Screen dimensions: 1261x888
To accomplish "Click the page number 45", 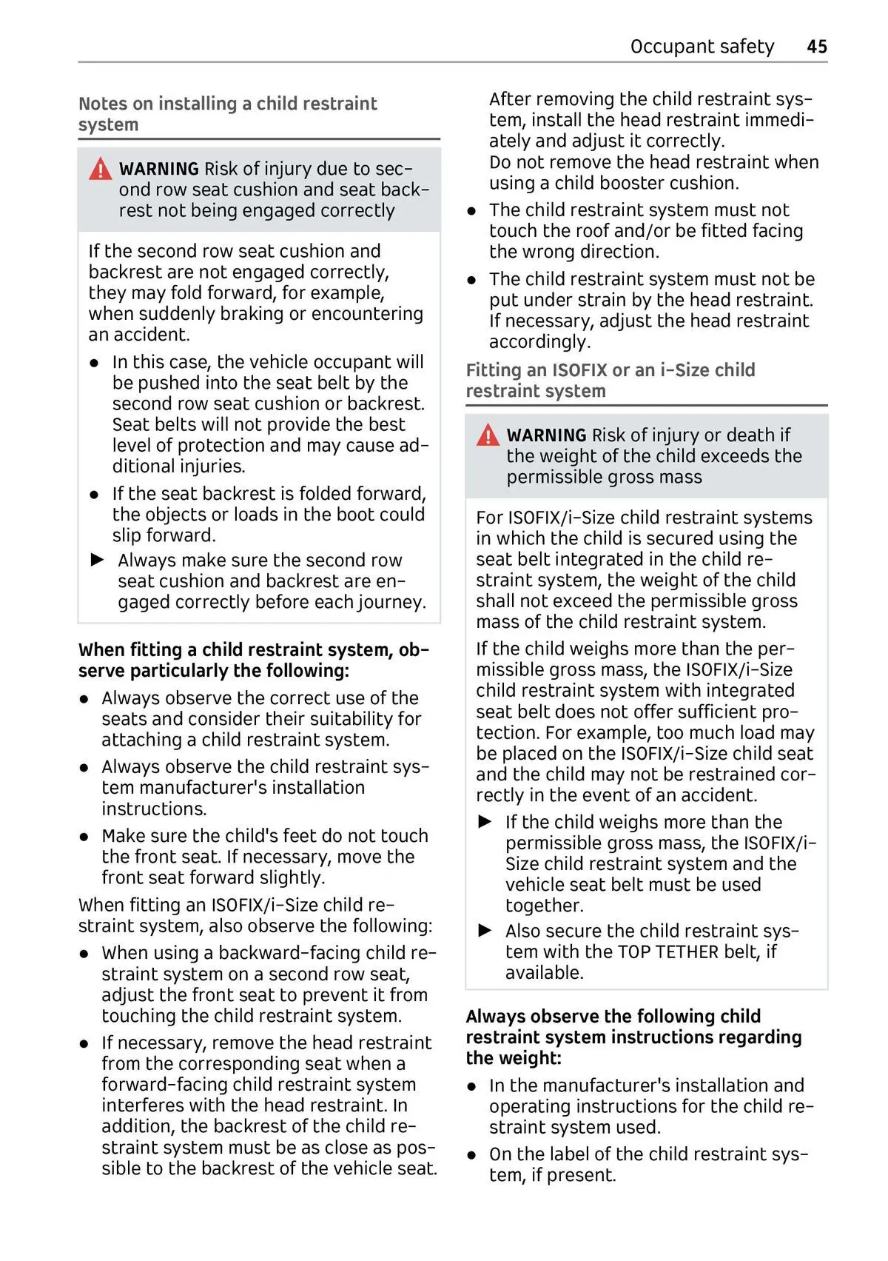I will pos(816,47).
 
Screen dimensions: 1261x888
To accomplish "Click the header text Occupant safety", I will pos(702,47).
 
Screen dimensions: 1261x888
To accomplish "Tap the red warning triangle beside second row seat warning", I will pos(101,170).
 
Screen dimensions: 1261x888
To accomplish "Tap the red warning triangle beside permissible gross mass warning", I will pos(488,435).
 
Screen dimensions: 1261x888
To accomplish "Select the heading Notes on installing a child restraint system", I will pos(227,114).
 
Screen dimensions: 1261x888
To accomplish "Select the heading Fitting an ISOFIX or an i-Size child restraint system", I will pos(610,381).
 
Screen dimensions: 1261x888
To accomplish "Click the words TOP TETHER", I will pos(668,951).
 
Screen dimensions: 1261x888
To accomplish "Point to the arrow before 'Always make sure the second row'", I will pos(98,560).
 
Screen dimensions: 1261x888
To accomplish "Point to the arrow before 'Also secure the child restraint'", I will pos(485,931).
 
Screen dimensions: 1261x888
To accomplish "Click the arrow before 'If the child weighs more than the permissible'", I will pos(485,822).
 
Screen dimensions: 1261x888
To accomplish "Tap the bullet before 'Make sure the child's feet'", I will pos(85,837).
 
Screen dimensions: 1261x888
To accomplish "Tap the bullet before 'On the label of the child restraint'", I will pos(472,1155).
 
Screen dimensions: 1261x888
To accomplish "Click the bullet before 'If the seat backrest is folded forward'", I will pos(95,495).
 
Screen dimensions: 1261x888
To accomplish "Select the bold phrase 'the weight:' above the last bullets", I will pos(514,1058).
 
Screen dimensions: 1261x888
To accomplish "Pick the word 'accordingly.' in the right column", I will pos(539,341).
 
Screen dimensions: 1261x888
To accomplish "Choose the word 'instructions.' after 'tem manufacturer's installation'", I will pos(154,809).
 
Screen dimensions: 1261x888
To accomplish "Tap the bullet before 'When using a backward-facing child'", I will pos(85,954).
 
